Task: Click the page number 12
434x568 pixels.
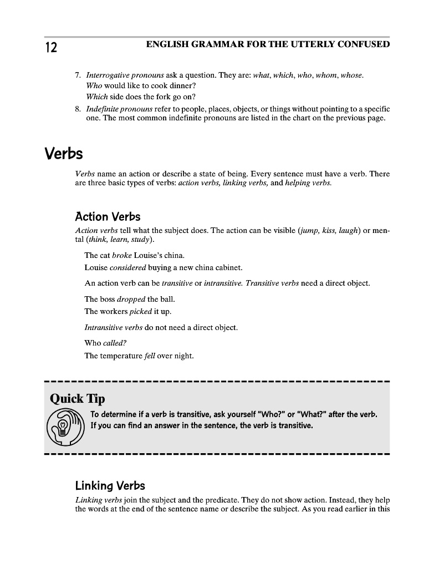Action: click(50, 48)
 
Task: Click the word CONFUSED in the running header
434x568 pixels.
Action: click(363, 44)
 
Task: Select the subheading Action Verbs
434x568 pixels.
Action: click(108, 216)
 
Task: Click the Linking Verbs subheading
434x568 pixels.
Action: click(110, 486)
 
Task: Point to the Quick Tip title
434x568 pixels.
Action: click(77, 399)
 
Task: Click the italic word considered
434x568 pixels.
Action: click(129, 267)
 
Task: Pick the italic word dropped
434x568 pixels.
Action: click(131, 300)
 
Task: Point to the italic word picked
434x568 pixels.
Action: click(140, 311)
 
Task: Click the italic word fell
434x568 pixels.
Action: click(150, 356)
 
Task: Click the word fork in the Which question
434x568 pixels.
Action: click(156, 97)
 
